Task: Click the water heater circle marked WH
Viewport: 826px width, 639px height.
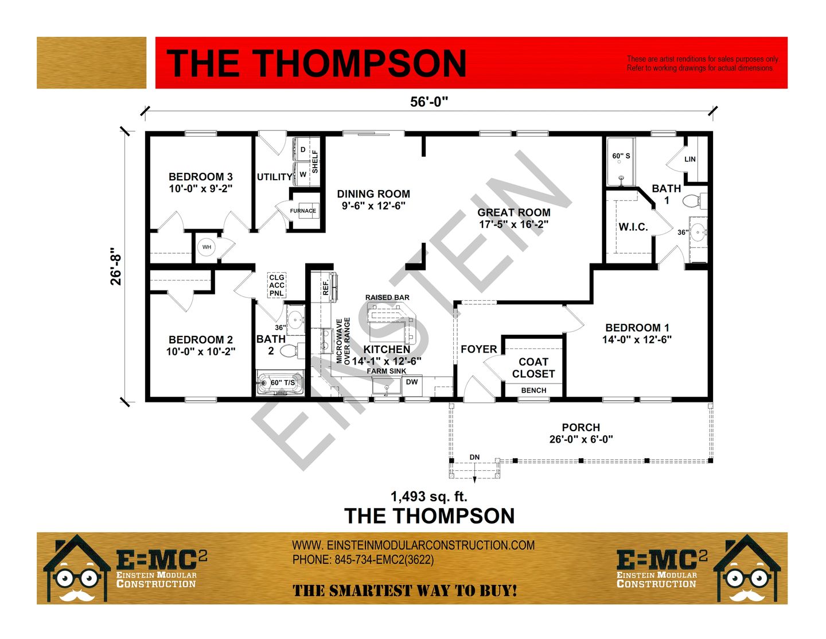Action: (x=206, y=247)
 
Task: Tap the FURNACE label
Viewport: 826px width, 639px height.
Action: (x=303, y=211)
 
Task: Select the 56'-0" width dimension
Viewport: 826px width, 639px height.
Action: (x=429, y=102)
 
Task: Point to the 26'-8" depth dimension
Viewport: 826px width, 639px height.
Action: (x=115, y=266)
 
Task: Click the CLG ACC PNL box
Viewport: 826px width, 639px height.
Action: (x=276, y=285)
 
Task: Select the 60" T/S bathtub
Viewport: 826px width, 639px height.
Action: (x=280, y=382)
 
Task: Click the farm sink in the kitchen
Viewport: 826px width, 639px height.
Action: (x=387, y=386)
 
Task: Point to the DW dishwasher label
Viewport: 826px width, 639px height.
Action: (x=412, y=382)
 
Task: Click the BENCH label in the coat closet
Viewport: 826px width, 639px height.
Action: (x=533, y=390)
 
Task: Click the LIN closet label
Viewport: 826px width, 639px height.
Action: (x=690, y=159)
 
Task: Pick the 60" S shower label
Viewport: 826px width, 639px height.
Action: (x=621, y=156)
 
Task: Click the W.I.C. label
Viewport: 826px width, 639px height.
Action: (x=633, y=227)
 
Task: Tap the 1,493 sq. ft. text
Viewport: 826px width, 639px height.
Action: (x=429, y=497)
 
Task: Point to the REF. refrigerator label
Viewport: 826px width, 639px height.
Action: (x=326, y=288)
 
